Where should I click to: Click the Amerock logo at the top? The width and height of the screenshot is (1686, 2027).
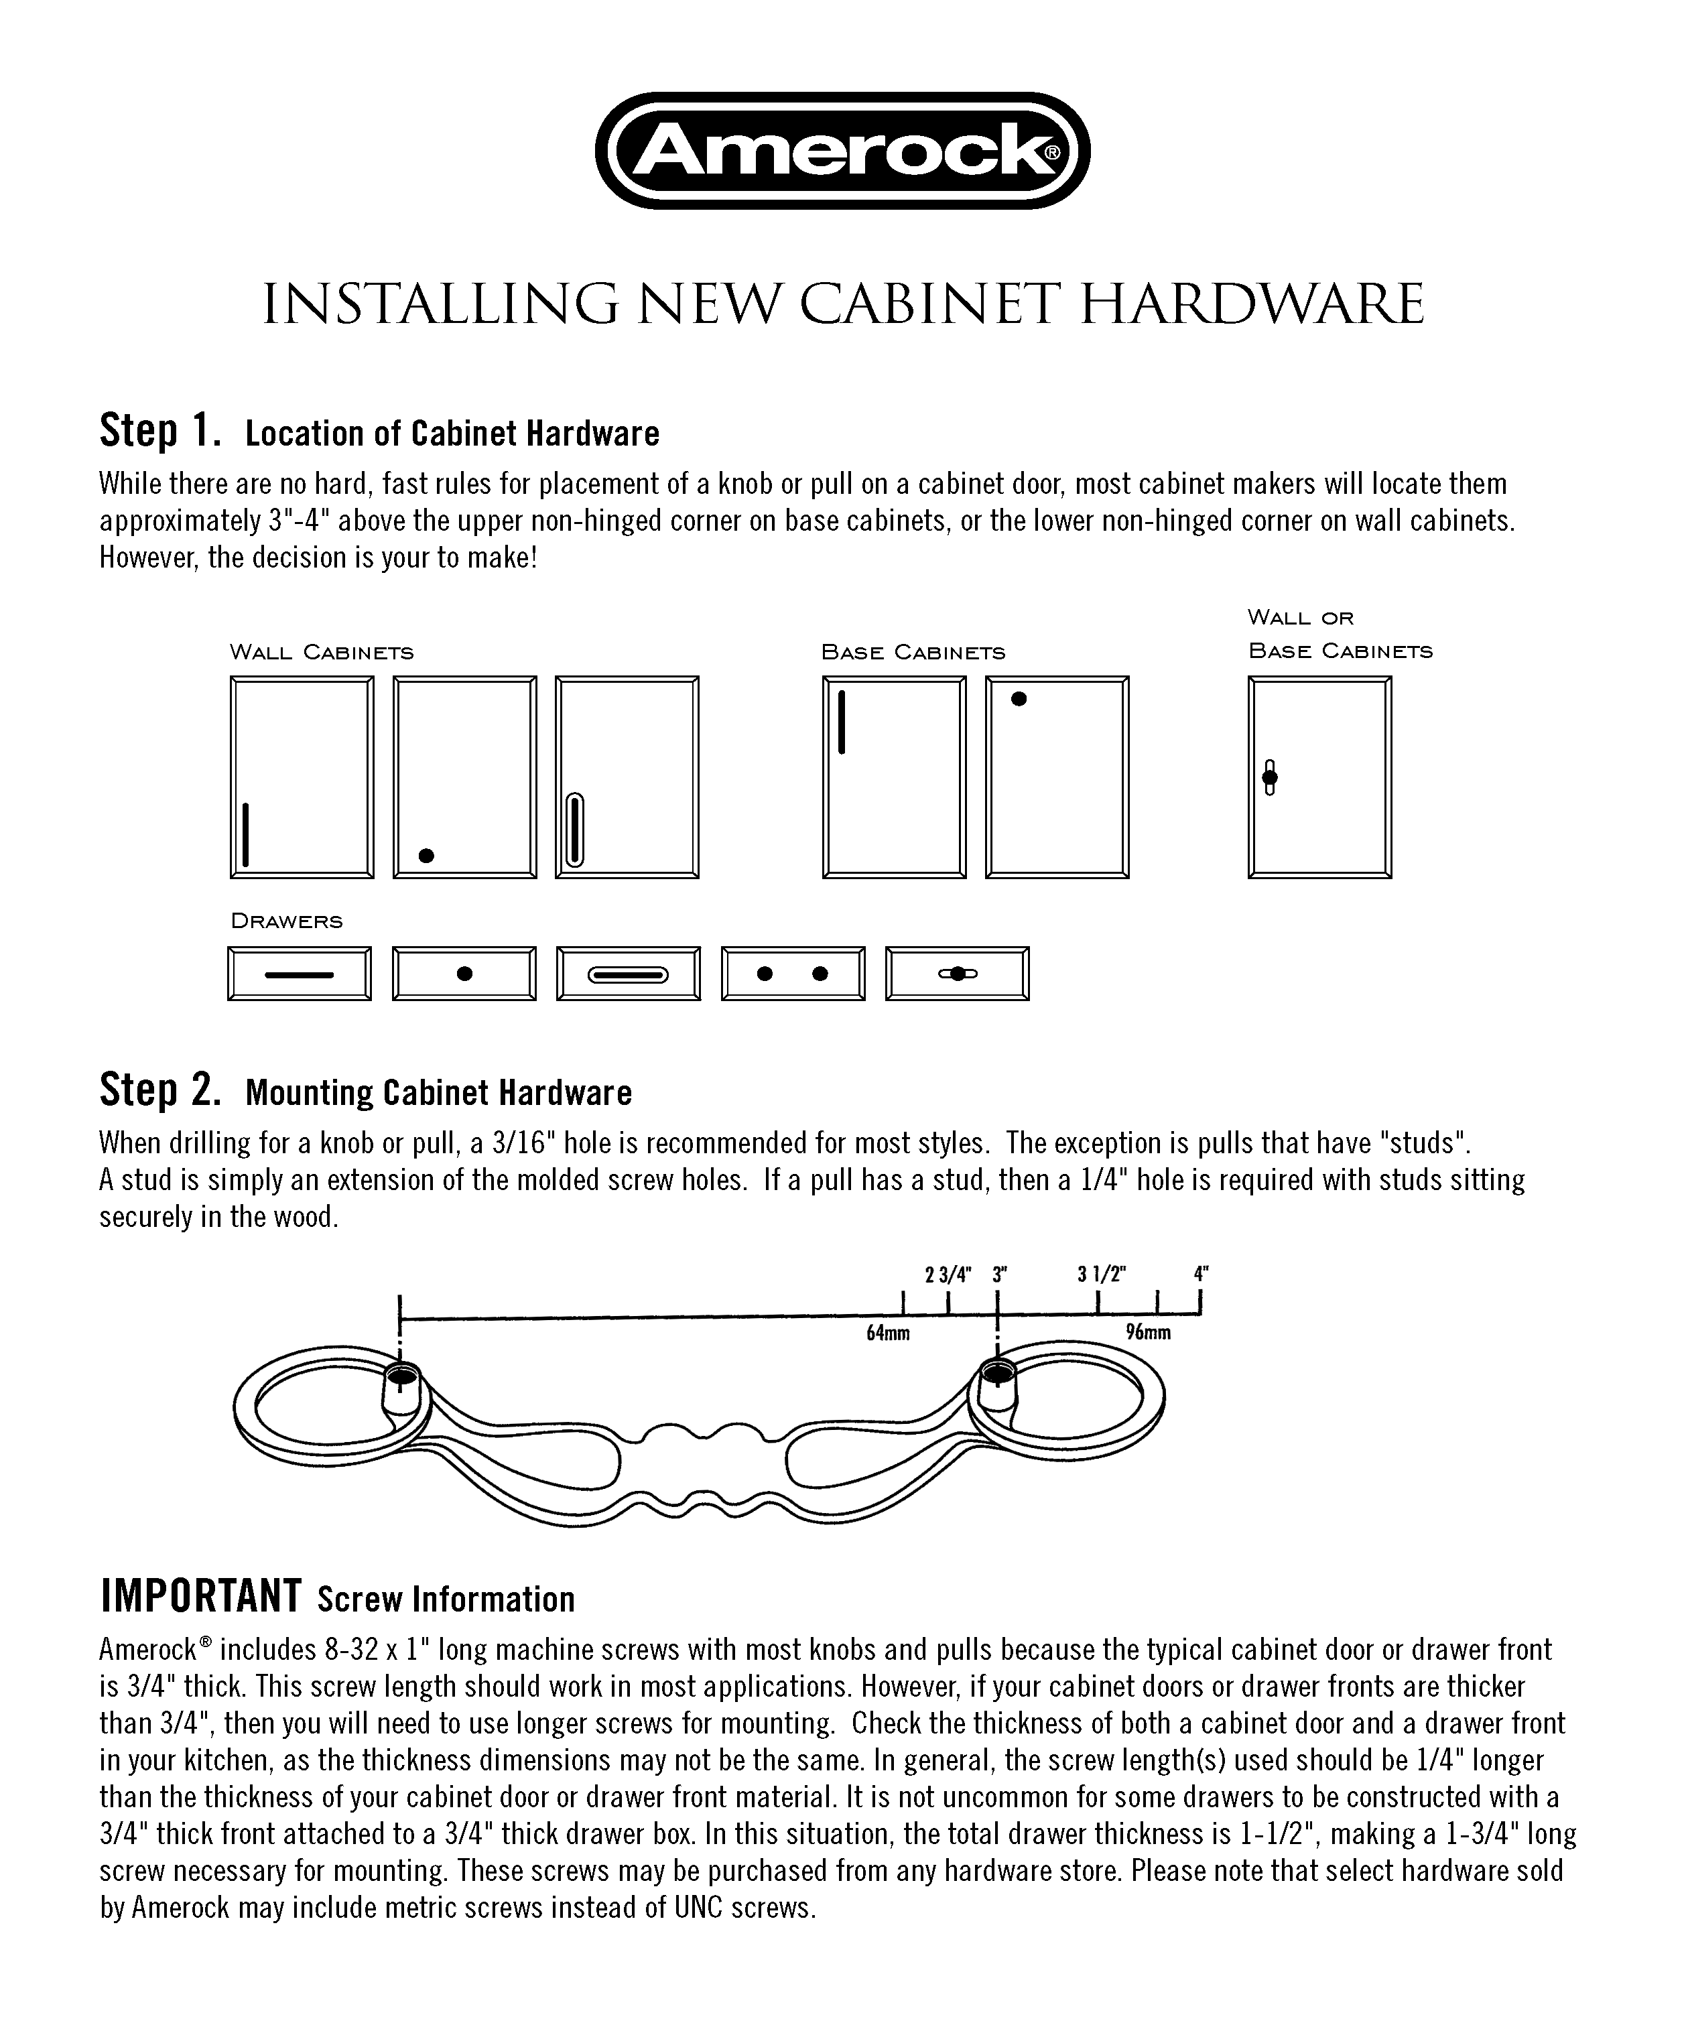pyautogui.click(x=842, y=151)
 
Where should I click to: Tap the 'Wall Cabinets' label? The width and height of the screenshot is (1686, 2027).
pyautogui.click(x=322, y=653)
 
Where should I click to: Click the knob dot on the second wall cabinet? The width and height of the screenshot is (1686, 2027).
pyautogui.click(x=427, y=855)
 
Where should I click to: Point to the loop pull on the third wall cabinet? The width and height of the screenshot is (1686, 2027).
pyautogui.click(x=574, y=830)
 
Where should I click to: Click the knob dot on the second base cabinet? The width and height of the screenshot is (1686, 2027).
pyautogui.click(x=1018, y=699)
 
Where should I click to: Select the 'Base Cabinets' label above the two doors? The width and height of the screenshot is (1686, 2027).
pyautogui.click(x=913, y=653)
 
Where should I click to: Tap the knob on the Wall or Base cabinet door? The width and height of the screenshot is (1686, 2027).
pyautogui.click(x=1270, y=777)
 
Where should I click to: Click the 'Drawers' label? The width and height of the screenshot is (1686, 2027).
pyautogui.click(x=287, y=921)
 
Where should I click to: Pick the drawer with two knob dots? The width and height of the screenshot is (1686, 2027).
pyautogui.click(x=792, y=973)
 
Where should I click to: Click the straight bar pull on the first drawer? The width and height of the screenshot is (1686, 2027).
pyautogui.click(x=299, y=974)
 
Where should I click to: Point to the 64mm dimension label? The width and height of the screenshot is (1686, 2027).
pyautogui.click(x=888, y=1334)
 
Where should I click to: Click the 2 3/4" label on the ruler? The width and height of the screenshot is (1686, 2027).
pyautogui.click(x=948, y=1274)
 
